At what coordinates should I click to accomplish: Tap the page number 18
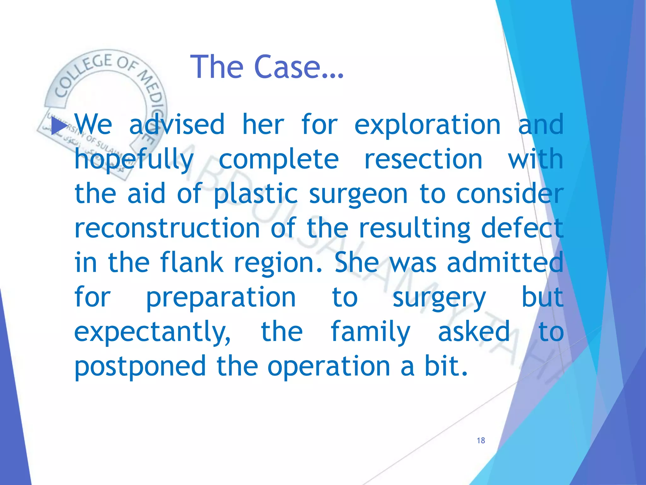[x=481, y=440]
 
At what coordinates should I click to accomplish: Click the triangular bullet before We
[x=59, y=126]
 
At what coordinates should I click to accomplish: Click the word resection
[x=423, y=159]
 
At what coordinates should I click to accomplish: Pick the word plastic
[x=255, y=195]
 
